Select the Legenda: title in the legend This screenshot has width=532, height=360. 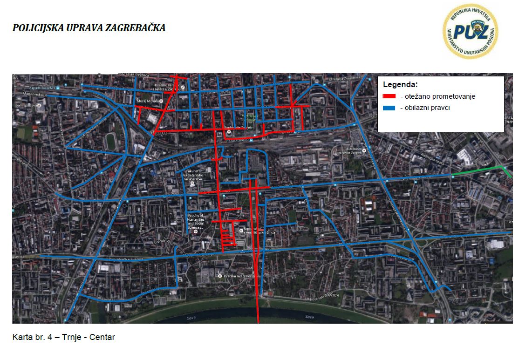tap(400, 85)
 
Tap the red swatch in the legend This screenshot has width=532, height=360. tap(389, 97)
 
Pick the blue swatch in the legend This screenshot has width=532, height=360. tap(389, 108)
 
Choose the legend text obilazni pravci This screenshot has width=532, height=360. tap(425, 108)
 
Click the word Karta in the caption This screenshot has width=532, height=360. tap(22, 337)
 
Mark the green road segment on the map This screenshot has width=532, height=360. tap(480, 170)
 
